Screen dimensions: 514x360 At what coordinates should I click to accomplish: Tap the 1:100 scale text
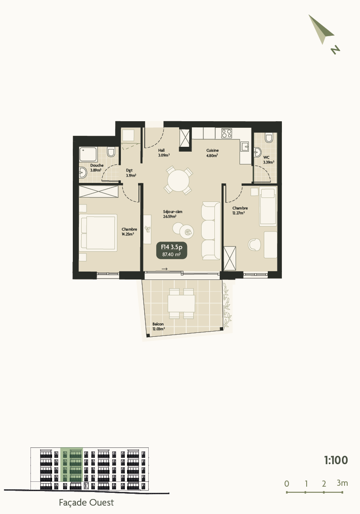coord(336,461)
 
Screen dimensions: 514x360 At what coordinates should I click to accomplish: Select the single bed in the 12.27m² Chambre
coord(268,206)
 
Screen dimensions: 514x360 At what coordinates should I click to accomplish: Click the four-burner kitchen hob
coord(227,133)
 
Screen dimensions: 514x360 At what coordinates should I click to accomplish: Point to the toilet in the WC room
coord(269,138)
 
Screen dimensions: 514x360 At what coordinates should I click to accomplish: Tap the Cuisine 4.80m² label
coord(212,153)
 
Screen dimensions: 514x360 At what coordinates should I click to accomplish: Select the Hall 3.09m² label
coord(164,153)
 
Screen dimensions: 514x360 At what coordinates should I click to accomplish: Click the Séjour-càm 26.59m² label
coord(169,214)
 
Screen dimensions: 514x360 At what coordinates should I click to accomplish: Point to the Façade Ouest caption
coord(86,503)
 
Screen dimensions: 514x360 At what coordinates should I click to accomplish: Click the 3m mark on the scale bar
coord(342,483)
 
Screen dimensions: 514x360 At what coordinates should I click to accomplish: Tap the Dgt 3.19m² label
coord(131,172)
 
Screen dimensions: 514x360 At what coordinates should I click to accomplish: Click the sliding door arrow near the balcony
coord(165,269)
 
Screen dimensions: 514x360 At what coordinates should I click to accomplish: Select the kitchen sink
coord(245,146)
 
